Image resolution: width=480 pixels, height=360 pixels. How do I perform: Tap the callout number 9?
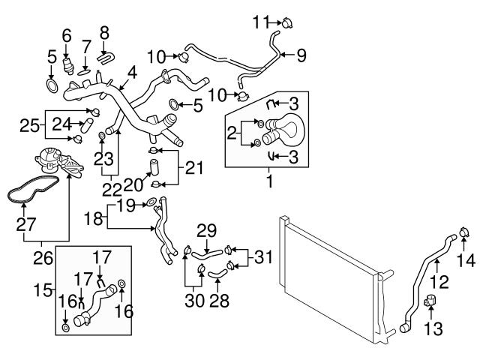click(301, 54)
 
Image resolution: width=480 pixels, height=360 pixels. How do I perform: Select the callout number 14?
click(466, 260)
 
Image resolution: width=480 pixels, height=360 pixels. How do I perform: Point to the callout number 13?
click(434, 328)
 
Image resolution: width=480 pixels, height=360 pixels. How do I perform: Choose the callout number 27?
click(25, 223)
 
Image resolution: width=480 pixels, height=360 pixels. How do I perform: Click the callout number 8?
click(103, 31)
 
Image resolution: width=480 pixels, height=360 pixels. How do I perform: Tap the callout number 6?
click(66, 34)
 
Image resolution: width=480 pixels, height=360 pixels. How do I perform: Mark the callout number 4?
click(132, 73)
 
